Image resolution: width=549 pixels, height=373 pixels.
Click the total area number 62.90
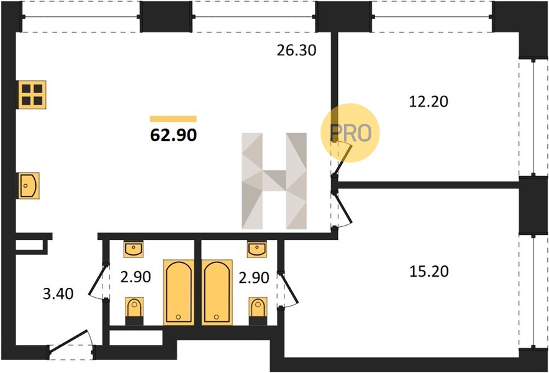coord(173,135)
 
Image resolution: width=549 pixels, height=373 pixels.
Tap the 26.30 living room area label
coord(297,51)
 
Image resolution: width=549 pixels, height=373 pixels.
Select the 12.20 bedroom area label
coord(429,102)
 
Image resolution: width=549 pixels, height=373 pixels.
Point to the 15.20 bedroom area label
coord(429,271)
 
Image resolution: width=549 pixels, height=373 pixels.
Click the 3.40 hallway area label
coord(58,294)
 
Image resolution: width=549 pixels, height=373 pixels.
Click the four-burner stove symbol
coord(32,94)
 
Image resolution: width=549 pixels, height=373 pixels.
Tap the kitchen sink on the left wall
coord(29,185)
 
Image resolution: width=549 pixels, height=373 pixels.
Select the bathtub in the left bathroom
coord(179,292)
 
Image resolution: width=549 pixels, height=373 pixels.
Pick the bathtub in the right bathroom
coord(217,292)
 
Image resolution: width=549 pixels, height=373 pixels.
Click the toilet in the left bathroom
coord(134,311)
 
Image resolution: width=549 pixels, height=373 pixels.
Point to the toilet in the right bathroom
coord(258,311)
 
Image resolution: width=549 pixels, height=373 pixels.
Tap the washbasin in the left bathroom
coord(134,249)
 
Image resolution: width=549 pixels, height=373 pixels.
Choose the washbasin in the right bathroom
coord(256,249)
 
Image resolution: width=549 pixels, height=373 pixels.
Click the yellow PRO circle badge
coord(350,132)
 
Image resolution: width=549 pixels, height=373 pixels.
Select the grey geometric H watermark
coord(274,181)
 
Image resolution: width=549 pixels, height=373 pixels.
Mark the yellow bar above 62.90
coord(173,119)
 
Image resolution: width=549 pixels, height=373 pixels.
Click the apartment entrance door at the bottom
coord(71,345)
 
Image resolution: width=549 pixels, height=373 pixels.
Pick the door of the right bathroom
coord(288,290)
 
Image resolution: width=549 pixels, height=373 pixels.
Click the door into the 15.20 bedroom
coord(342,210)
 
